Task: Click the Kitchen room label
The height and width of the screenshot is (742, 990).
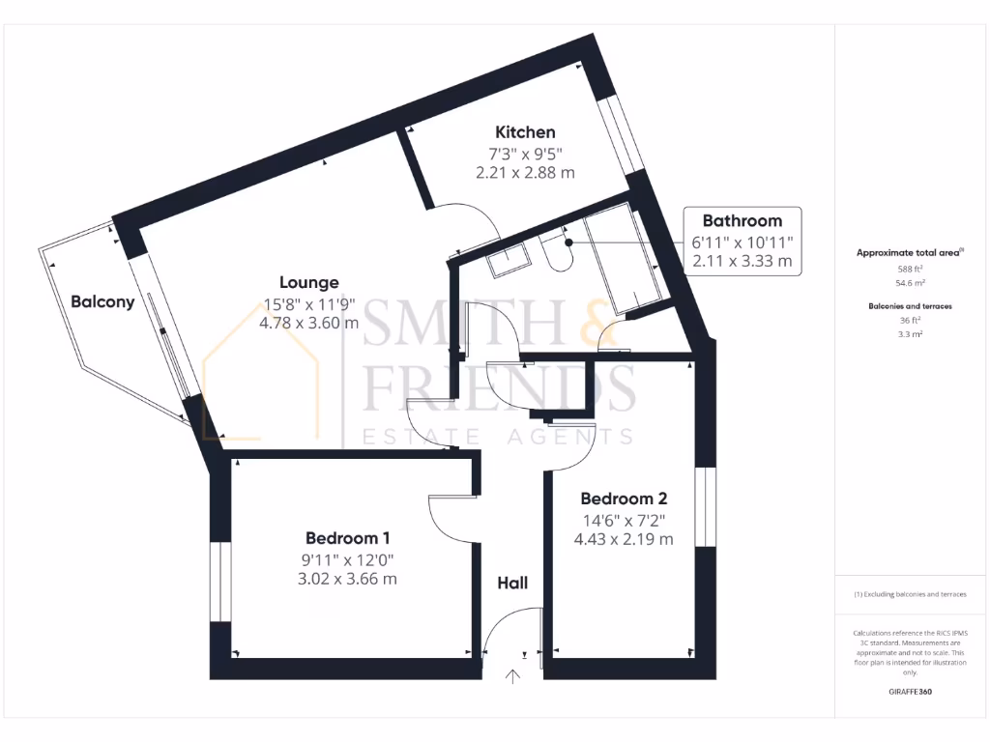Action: click(525, 132)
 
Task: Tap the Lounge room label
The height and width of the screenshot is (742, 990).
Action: click(308, 282)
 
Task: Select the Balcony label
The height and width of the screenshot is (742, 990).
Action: click(102, 301)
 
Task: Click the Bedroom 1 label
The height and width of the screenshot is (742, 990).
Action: click(348, 538)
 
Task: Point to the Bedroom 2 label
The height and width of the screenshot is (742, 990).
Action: click(624, 499)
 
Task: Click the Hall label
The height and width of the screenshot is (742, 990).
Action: click(512, 583)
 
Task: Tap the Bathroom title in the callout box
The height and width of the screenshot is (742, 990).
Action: click(742, 220)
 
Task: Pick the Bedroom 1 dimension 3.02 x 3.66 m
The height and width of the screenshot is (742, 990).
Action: click(348, 580)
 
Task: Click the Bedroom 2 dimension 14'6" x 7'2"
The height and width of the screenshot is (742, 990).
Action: click(624, 520)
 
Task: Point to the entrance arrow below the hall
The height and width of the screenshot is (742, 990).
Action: click(512, 677)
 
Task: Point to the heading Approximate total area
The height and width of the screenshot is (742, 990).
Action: click(909, 252)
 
